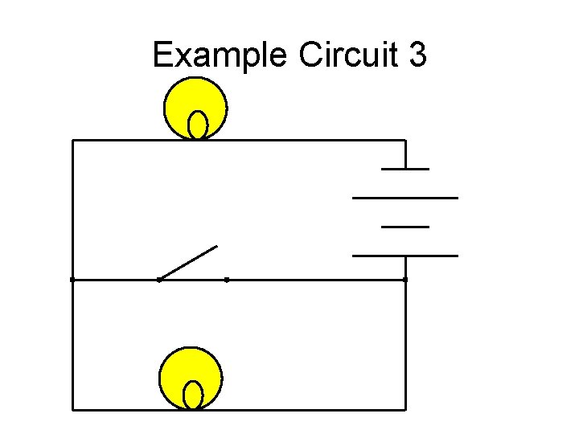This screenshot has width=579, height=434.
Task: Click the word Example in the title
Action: (221, 56)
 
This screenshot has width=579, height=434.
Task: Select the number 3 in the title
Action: (417, 56)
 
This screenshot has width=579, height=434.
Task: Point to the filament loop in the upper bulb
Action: (198, 125)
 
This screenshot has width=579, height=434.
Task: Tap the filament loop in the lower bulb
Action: (193, 395)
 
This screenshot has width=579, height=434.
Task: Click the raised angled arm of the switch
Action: (189, 262)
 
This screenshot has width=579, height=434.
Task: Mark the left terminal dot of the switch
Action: (159, 280)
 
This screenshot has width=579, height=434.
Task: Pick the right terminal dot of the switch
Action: (227, 280)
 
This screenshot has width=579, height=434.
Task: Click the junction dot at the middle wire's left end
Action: (72, 280)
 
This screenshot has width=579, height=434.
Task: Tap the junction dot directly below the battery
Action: (405, 280)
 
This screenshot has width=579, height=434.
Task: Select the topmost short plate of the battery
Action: (405, 169)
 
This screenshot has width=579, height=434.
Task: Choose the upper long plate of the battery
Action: (405, 197)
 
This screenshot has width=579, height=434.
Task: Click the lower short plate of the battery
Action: (405, 227)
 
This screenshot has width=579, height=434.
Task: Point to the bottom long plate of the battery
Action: (405, 256)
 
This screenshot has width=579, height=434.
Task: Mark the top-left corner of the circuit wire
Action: (73, 141)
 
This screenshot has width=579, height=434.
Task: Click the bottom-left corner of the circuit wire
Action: (73, 409)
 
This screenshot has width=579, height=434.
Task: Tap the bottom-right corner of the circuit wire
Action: (405, 409)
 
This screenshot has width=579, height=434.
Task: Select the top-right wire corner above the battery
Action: (405, 141)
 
